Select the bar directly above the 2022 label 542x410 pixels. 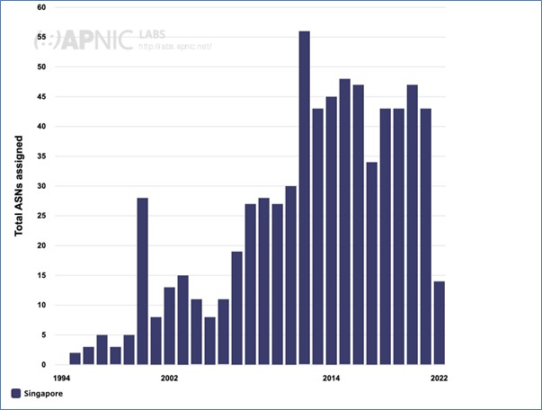coord(439,323)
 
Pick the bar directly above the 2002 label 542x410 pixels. coord(169,325)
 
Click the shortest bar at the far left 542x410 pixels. coord(75,359)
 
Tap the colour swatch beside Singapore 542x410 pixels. coord(16,393)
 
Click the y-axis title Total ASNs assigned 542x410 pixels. coord(19,187)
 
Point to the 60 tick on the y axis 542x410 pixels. coord(41,7)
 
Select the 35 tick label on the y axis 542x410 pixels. coord(41,156)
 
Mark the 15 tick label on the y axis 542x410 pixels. coord(41,275)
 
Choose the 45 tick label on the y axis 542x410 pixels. coord(41,97)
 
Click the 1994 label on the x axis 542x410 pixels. coord(61,378)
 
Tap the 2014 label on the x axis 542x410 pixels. coord(331,378)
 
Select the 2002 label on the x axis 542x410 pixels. coord(169,378)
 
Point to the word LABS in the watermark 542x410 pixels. coord(151,35)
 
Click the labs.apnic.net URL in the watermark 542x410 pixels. coord(175,46)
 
